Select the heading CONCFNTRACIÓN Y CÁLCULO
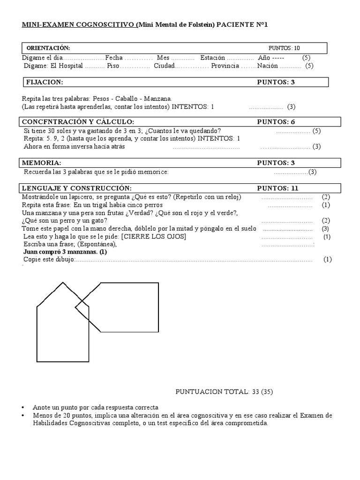point(78,122)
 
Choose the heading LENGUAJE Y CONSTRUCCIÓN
point(74,188)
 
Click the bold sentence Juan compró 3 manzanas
point(65,252)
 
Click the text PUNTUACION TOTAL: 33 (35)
point(229,391)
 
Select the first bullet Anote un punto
point(95,407)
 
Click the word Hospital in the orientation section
point(71,66)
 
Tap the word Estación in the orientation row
point(215,58)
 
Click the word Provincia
point(225,66)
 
